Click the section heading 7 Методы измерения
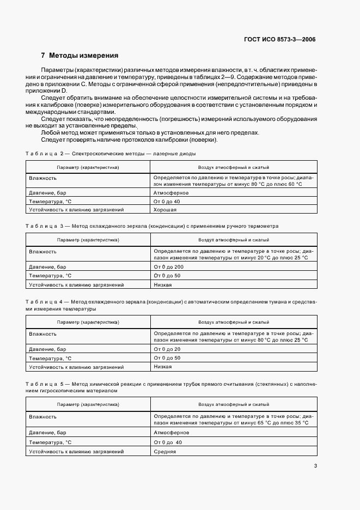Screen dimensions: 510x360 point(80,56)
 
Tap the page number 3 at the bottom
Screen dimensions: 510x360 point(315,465)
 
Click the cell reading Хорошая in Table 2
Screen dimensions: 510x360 point(164,209)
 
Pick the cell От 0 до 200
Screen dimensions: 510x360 point(169,267)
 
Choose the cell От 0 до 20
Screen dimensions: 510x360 point(167,349)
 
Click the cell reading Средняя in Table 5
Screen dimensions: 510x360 point(164,452)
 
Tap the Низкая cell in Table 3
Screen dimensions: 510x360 point(163,284)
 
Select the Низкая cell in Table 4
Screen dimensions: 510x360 point(163,367)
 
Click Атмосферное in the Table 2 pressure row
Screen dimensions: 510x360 point(171,192)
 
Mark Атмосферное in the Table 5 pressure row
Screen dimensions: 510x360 point(171,432)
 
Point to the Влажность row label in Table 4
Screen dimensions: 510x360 point(43,333)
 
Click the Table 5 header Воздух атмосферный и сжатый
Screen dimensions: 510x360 point(234,405)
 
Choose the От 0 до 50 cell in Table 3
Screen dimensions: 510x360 point(167,276)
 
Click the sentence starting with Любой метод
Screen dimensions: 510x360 point(150,132)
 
